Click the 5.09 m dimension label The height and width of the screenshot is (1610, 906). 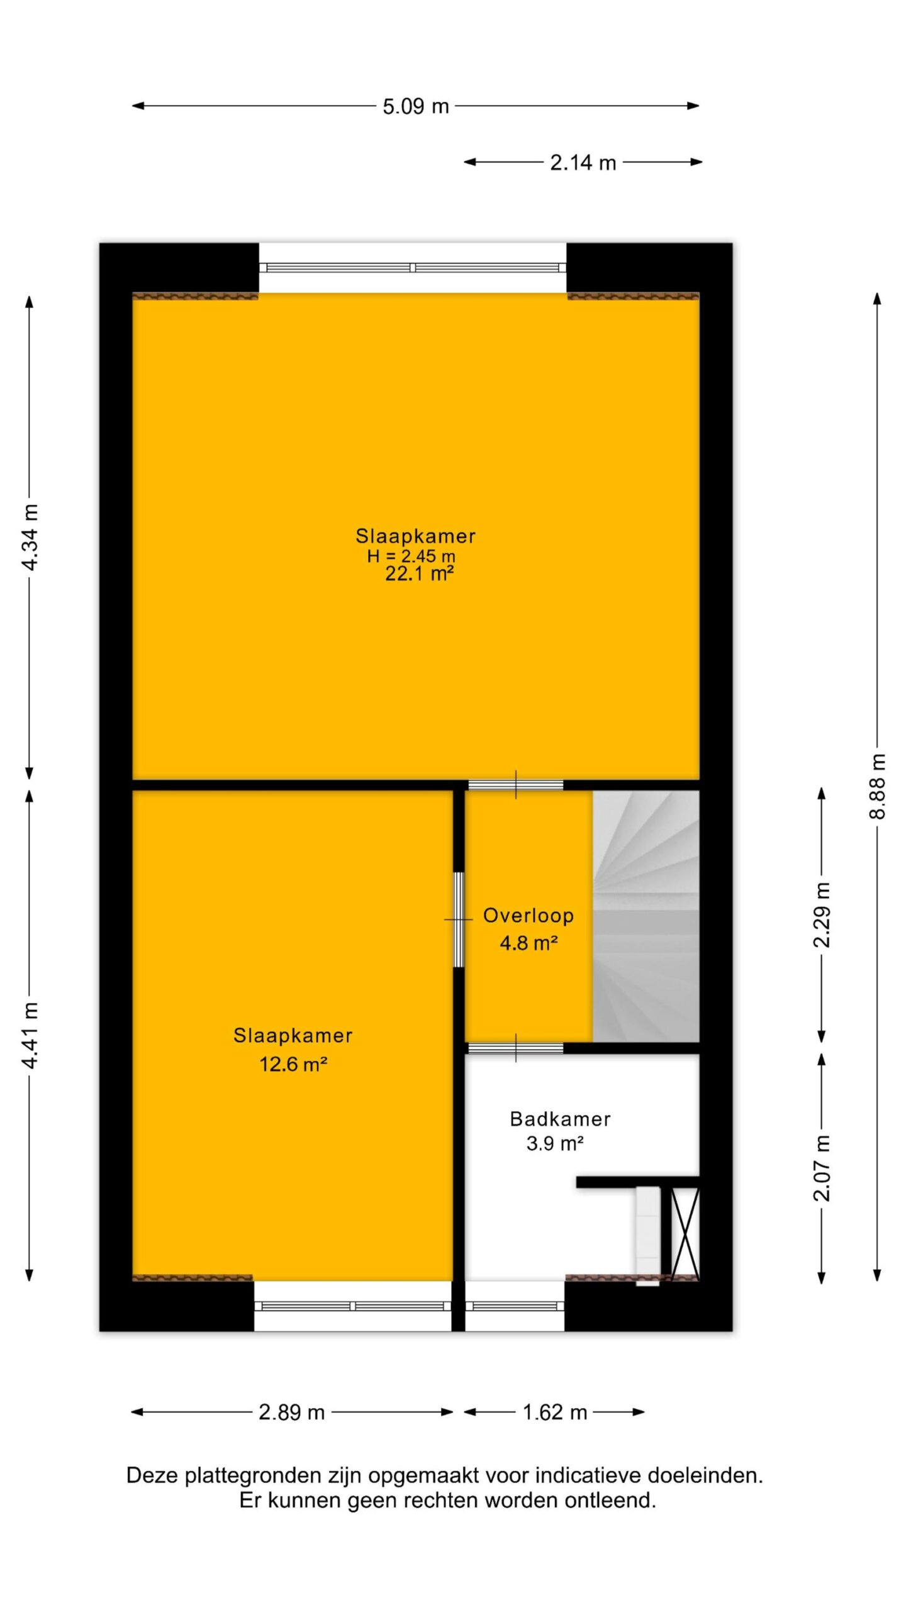416,106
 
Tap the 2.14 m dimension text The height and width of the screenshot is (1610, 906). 583,163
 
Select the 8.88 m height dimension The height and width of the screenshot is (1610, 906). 877,786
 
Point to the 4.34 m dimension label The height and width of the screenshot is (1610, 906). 30,536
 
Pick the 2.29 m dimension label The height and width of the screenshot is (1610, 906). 822,914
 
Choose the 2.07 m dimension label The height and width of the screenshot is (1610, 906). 822,1168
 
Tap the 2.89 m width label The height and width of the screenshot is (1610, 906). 291,1413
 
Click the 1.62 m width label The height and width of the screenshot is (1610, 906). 554,1413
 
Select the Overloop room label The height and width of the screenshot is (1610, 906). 528,916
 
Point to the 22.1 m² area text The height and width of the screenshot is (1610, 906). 420,574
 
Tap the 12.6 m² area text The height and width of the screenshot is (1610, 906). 293,1064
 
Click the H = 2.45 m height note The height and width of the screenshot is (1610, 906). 411,556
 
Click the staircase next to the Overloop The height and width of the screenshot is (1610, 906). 646,916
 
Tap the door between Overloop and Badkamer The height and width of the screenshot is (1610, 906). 515,1048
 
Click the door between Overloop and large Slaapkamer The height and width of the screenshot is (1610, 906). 515,785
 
